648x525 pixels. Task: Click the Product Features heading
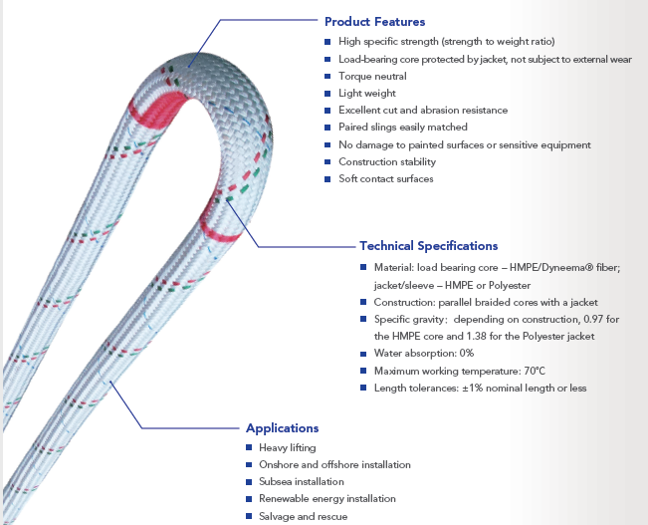(374, 22)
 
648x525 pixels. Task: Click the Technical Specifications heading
(428, 246)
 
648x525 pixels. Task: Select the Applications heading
(282, 428)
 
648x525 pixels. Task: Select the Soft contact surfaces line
(384, 178)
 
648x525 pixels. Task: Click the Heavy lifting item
(288, 448)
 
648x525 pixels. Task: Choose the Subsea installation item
(300, 481)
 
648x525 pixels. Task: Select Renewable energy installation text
(326, 498)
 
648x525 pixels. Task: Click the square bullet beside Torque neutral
(327, 76)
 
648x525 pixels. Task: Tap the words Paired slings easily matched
(400, 128)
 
